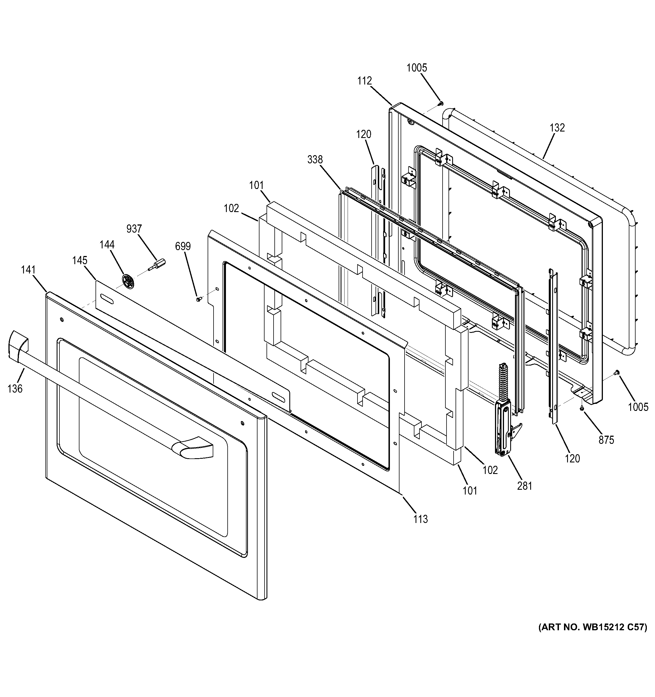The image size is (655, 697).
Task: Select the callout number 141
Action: (x=28, y=270)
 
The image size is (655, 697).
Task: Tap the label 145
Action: (x=80, y=260)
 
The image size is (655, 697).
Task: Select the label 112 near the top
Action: (x=364, y=81)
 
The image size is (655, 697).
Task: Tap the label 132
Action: (x=557, y=128)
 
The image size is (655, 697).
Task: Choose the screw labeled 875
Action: (x=581, y=408)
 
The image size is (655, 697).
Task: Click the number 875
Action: (x=606, y=440)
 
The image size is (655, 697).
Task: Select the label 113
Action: (x=420, y=519)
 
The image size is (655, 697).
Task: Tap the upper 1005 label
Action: (x=417, y=68)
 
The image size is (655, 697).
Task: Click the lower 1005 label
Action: (x=638, y=407)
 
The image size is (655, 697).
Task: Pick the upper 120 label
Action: (x=364, y=134)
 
